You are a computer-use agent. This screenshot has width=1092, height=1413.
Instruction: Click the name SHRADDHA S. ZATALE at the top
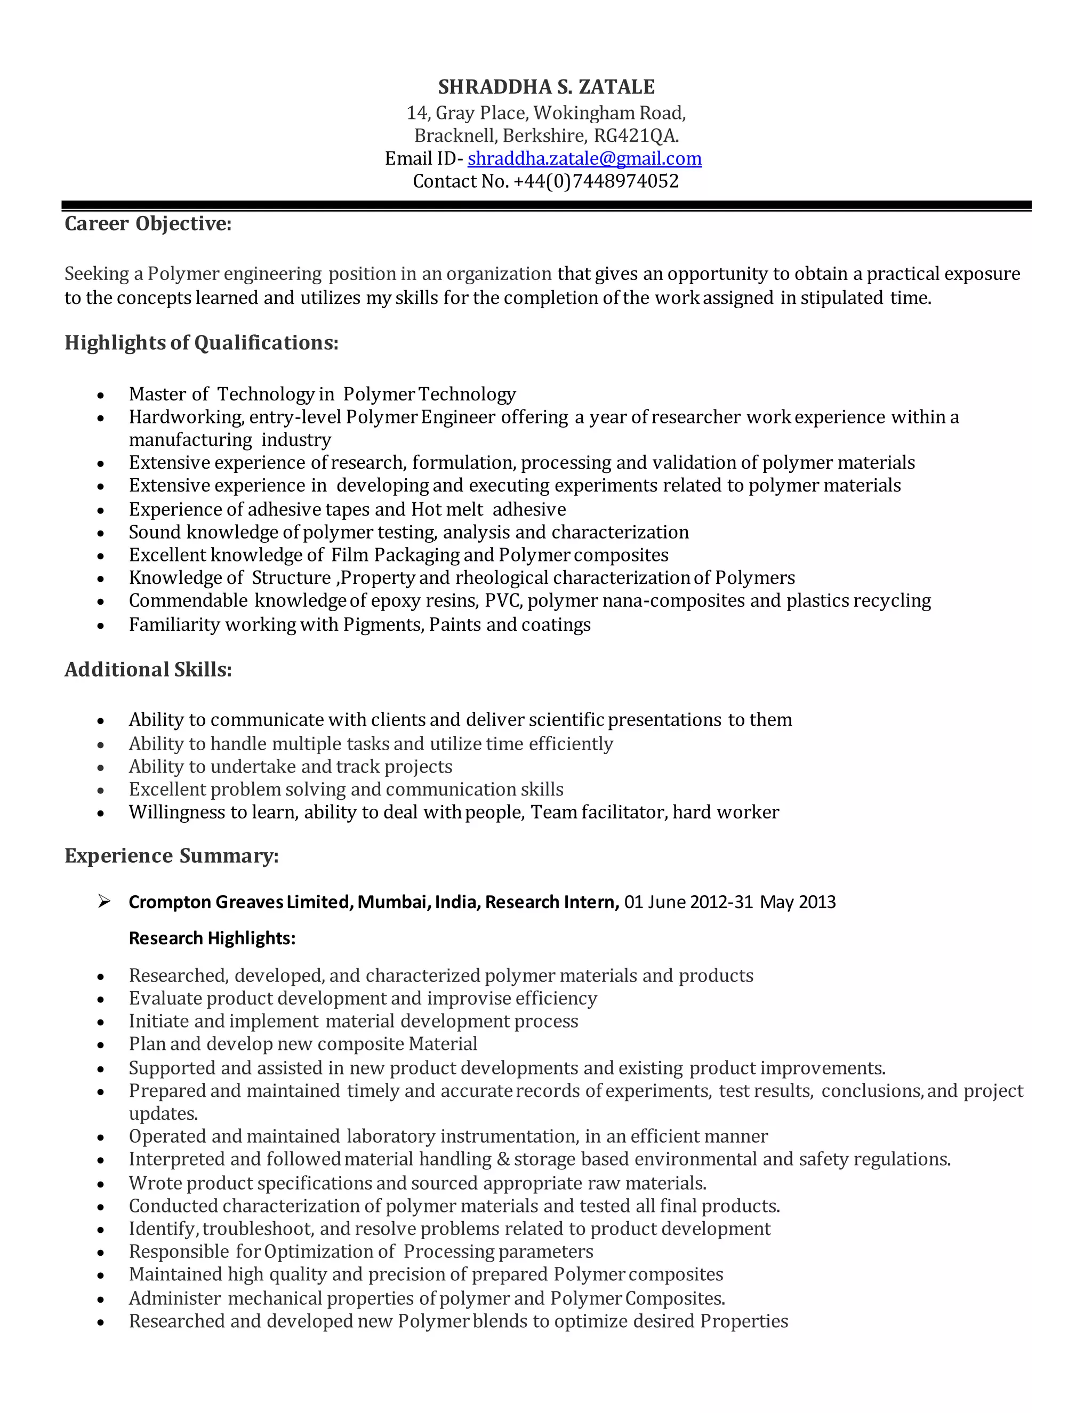click(546, 87)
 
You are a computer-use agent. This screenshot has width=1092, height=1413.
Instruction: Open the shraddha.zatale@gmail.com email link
click(584, 158)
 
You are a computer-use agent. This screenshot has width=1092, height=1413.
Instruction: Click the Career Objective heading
click(148, 224)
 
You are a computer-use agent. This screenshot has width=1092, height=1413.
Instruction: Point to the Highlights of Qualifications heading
click(201, 343)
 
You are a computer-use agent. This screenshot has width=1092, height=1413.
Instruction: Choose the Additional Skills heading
click(148, 670)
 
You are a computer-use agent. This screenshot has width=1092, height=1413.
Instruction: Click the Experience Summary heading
click(172, 856)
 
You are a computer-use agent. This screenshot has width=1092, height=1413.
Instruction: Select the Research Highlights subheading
click(212, 939)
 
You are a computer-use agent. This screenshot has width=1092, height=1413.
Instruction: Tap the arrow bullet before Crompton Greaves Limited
click(103, 901)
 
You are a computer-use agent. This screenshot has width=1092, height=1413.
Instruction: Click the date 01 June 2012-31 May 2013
click(730, 902)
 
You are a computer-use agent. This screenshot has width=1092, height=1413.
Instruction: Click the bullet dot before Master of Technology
click(101, 395)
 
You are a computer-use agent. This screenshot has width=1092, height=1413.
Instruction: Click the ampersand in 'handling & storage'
click(503, 1159)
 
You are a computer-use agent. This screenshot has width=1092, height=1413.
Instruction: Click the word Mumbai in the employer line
click(394, 902)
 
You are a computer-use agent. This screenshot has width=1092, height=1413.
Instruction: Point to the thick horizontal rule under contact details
click(546, 205)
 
